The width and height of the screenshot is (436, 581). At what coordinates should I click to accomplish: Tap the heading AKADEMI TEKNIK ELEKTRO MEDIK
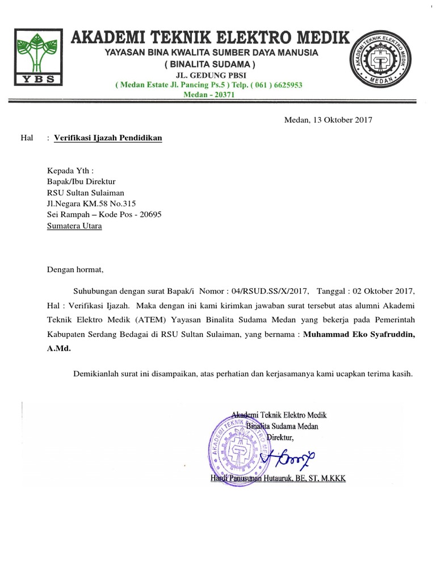coord(209,37)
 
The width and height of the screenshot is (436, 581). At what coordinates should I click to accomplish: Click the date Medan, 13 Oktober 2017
coord(328,120)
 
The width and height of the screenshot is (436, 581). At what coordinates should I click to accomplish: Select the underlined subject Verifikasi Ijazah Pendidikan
coord(108,138)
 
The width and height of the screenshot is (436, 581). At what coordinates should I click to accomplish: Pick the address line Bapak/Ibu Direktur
coord(81,182)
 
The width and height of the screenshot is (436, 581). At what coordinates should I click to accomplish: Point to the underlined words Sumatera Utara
coord(74,226)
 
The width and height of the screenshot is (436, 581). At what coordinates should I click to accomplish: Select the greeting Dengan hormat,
coord(76,270)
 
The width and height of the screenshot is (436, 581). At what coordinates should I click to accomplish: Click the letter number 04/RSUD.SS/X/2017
coord(271,292)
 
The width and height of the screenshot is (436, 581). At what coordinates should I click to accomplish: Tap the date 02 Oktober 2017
coord(384,292)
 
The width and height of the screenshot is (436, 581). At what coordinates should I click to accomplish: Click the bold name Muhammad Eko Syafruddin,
coord(359,335)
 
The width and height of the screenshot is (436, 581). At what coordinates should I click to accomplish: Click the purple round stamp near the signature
coord(238,445)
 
